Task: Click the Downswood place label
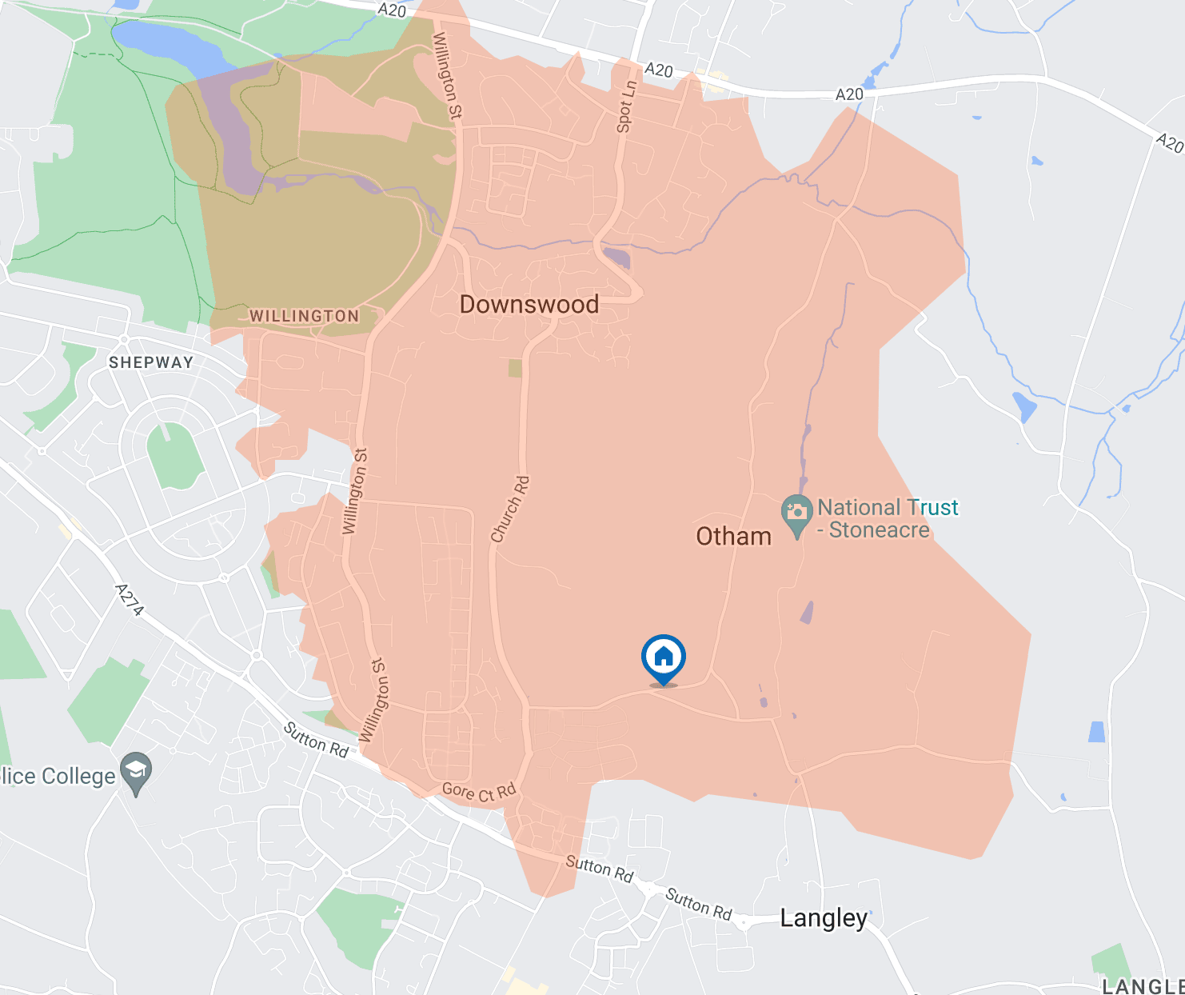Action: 529,305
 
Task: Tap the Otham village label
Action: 733,536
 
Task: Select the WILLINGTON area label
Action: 304,316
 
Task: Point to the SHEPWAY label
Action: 151,362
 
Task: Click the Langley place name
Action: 823,918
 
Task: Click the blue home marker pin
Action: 663,657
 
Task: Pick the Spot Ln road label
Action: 626,106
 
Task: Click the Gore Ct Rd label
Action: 479,792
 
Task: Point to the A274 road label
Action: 130,601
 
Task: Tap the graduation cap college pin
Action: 136,772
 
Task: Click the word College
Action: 78,777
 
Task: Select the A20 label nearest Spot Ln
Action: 658,70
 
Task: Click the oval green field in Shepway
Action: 175,456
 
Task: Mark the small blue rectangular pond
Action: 1097,731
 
